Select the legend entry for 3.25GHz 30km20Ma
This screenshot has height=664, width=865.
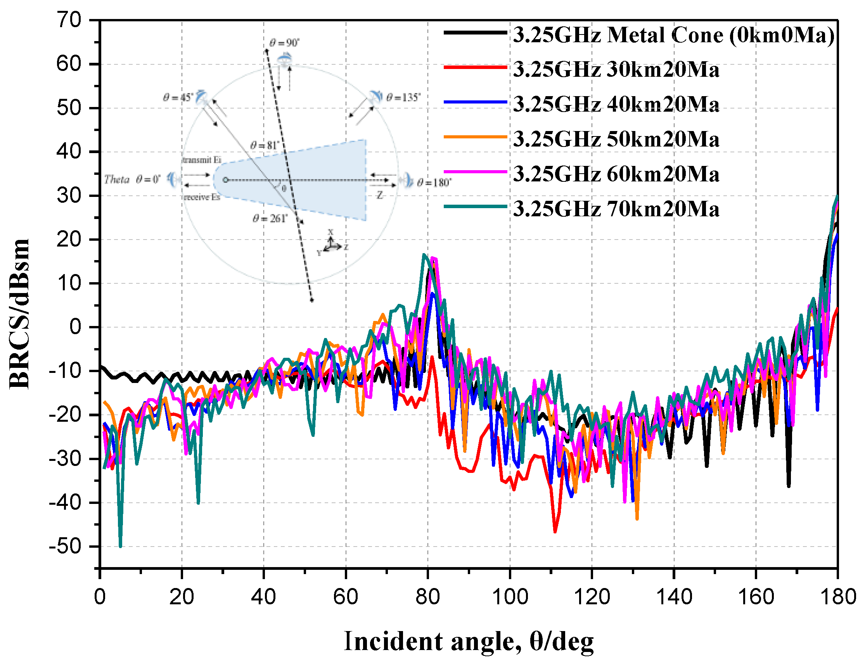point(615,69)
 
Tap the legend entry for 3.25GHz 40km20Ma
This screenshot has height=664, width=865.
point(615,104)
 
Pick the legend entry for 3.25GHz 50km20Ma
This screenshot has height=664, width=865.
point(615,139)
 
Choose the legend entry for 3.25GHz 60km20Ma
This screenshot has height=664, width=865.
point(615,174)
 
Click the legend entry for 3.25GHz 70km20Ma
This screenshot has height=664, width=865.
point(615,209)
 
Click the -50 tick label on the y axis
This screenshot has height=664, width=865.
point(65,547)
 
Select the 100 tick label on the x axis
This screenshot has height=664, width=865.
point(509,597)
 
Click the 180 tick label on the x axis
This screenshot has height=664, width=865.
point(838,597)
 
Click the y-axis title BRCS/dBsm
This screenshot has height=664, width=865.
point(19,314)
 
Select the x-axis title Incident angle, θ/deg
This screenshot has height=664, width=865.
point(469,641)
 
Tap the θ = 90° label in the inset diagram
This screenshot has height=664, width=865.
point(284,43)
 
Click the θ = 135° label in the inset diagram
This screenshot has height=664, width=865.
point(403,97)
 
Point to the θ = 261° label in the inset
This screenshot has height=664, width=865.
point(270,218)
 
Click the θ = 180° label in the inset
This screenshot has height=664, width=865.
point(434,183)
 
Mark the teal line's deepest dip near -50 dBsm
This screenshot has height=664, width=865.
point(120,547)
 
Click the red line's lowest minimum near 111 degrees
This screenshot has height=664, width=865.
point(555,531)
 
